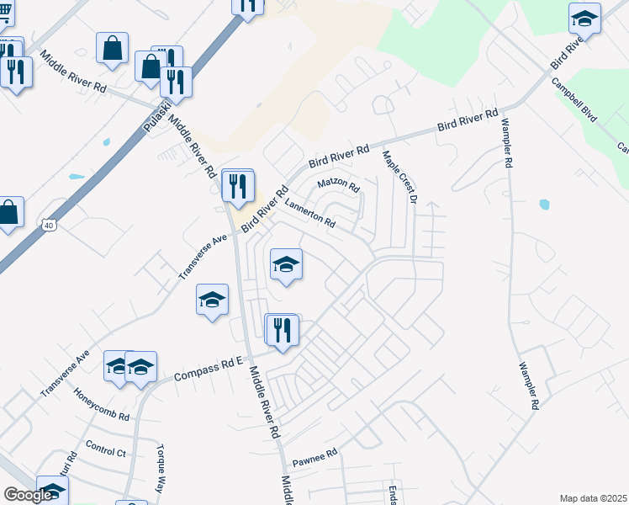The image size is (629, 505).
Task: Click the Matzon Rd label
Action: click(338, 184)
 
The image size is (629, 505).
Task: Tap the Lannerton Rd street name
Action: click(310, 213)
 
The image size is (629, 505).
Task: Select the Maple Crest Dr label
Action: click(399, 177)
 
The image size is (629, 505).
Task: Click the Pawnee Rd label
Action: click(314, 458)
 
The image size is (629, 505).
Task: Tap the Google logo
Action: click(28, 495)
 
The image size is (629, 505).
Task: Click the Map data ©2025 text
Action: click(594, 498)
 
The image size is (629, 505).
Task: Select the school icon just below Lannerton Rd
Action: click(286, 266)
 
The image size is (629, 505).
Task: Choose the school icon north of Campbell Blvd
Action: click(584, 18)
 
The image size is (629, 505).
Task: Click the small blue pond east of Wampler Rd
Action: click(544, 204)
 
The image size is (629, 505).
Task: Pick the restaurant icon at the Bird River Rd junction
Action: click(239, 186)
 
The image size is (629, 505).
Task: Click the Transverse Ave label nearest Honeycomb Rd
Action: click(64, 374)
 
